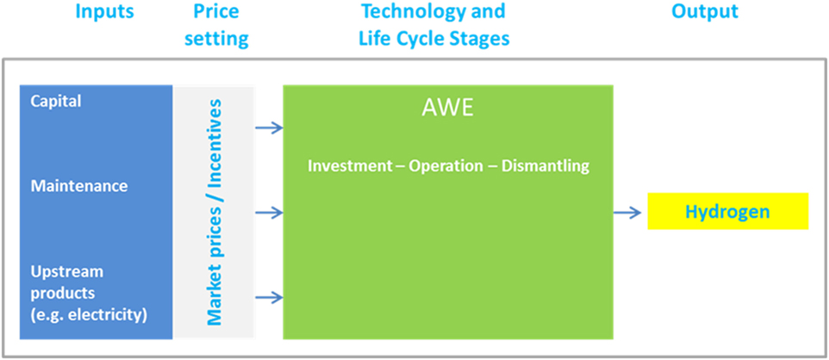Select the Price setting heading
point(215,25)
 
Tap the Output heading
point(705,12)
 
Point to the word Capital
point(56,102)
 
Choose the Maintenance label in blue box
point(78,186)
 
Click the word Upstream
point(66,273)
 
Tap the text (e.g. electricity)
point(88,316)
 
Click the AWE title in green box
point(447,109)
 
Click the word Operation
point(446,166)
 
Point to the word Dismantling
point(545,166)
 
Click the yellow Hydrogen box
point(728,212)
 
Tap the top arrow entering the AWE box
point(269,127)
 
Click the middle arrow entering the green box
point(269,213)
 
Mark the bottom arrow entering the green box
point(269,298)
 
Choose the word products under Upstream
point(62,294)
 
